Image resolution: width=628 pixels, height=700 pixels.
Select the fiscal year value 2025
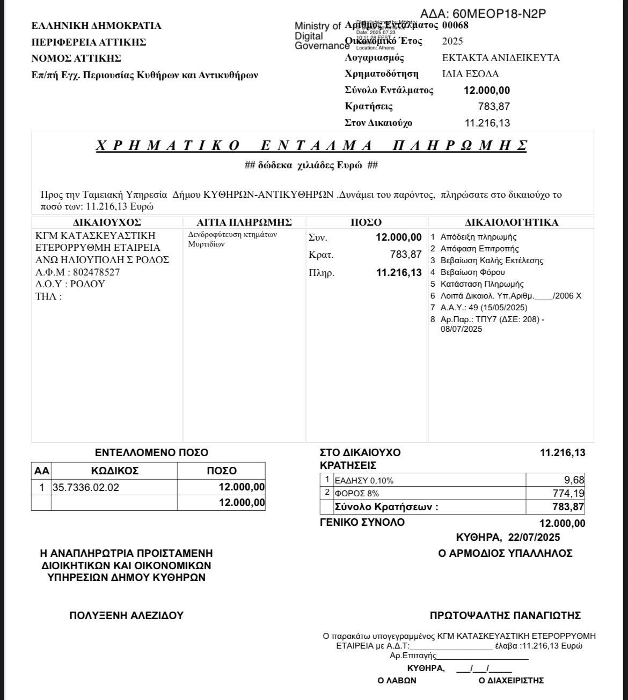coord(452,41)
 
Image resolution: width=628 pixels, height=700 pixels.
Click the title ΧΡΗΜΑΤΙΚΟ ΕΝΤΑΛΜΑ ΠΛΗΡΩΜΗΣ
coord(311,146)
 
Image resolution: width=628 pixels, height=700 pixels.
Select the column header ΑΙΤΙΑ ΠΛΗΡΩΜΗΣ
coord(244,222)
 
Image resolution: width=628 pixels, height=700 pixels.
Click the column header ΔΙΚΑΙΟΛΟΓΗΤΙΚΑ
coord(511,222)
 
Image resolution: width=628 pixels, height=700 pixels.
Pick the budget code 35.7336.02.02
coord(86,487)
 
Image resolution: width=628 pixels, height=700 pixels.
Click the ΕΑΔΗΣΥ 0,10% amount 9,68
coord(574,480)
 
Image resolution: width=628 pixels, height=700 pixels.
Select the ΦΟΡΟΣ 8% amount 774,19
coord(568,493)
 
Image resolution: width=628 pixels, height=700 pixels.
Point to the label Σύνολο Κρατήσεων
coord(386,507)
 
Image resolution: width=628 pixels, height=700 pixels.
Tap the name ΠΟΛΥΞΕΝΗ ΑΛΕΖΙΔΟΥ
coord(127,616)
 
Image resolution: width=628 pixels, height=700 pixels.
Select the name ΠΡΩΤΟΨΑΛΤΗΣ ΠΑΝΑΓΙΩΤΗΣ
coord(505,616)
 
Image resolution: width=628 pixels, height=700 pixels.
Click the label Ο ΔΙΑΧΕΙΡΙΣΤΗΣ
coord(511,681)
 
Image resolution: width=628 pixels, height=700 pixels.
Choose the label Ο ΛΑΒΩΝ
coord(397,681)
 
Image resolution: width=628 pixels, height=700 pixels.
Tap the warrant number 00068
coord(455,25)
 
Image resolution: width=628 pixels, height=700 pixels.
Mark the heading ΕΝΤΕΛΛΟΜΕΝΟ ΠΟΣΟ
coord(151,453)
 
